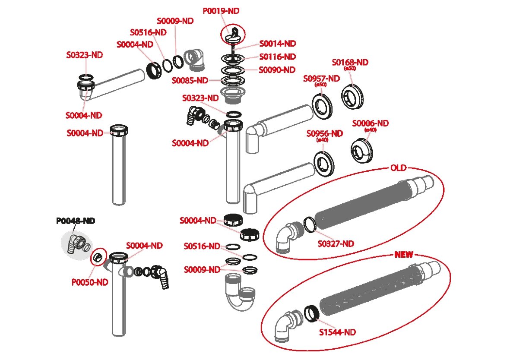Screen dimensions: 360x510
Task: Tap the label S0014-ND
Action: pos(277,44)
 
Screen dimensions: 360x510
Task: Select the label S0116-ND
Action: pos(277,57)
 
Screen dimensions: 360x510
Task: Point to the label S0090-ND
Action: pos(277,69)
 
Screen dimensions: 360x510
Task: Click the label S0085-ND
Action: pos(190,80)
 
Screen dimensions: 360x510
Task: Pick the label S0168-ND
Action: pos(350,62)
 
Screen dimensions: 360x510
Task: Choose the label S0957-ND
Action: pos(321,78)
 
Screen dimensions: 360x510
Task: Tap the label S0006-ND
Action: pos(370,123)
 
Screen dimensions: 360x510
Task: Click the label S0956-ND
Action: pos(324,133)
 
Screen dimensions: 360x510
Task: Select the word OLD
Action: pos(398,168)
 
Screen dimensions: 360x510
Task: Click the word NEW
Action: pos(404,255)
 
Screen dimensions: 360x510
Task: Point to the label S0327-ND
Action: pos(336,244)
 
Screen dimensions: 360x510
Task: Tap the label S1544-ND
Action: pos(337,332)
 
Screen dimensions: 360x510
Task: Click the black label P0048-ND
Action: pos(76,221)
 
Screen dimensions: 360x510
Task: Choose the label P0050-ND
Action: pos(90,282)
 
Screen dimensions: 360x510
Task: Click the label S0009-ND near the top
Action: pos(175,20)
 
